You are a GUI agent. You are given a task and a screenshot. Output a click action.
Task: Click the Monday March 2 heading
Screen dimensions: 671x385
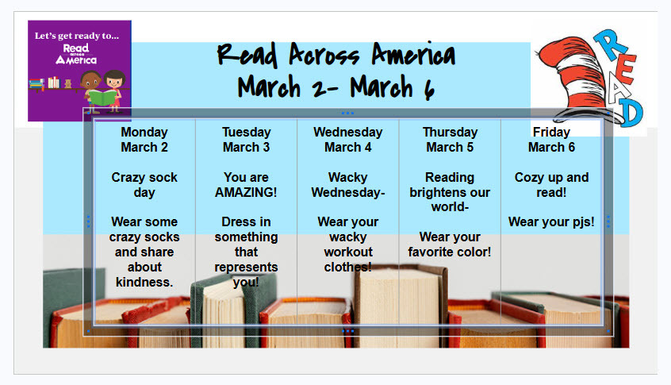[144, 140]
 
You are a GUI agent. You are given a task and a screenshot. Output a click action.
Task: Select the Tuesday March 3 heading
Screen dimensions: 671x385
[246, 140]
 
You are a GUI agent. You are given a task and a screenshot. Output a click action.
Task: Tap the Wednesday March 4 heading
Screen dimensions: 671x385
[348, 140]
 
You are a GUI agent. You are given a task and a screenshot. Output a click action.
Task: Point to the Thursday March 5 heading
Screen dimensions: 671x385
[450, 140]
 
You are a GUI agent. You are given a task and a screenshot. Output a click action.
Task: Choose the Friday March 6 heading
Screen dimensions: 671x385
[551, 140]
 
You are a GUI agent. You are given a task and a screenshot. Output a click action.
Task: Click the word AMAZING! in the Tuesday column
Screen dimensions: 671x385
[246, 192]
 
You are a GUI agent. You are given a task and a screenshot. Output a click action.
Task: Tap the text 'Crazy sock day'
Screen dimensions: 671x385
[144, 185]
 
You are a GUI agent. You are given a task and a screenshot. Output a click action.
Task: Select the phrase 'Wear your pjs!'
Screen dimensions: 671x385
[551, 221]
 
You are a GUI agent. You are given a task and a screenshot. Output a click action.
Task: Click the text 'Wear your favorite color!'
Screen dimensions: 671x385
[450, 244]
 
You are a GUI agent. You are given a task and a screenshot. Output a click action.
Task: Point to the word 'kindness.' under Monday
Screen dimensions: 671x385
[144, 283]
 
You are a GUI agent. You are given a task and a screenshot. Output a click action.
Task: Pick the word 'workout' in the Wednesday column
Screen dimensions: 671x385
[348, 252]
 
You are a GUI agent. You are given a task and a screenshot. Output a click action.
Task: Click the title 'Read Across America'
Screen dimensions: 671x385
[336, 55]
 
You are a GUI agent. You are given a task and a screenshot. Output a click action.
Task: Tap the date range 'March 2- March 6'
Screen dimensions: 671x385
[336, 87]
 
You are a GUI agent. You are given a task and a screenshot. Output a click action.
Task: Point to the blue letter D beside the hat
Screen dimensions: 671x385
[630, 113]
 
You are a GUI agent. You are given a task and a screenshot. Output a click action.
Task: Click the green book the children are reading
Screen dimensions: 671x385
[102, 97]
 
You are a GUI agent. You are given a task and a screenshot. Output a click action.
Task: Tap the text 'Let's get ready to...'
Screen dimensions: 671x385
[77, 36]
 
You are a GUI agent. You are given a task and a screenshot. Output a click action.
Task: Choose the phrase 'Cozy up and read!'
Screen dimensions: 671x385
[551, 185]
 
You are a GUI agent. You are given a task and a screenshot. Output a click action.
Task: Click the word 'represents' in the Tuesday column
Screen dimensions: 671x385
[246, 267]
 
